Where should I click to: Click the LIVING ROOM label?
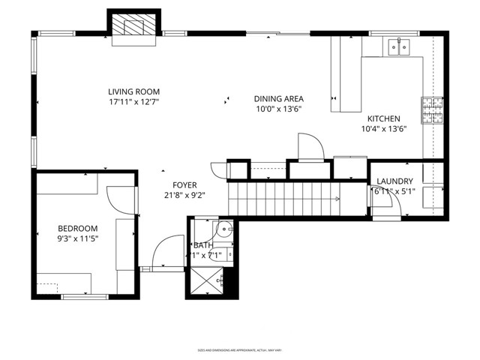click(x=133, y=91)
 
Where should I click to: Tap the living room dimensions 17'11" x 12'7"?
click(x=133, y=101)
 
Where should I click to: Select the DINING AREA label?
click(x=278, y=98)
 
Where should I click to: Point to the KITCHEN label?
click(x=383, y=118)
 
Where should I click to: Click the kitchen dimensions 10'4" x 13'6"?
click(x=383, y=128)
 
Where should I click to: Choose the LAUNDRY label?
click(x=394, y=181)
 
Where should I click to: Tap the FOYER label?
click(x=184, y=184)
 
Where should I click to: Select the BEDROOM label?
click(x=78, y=229)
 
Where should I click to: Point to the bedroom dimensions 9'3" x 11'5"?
click(x=78, y=238)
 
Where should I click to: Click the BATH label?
click(x=203, y=245)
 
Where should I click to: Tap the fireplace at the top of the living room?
click(x=135, y=28)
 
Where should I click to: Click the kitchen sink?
click(x=398, y=48)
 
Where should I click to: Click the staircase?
click(x=285, y=199)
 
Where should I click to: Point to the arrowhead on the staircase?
click(x=338, y=199)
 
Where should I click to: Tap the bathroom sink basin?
click(x=223, y=229)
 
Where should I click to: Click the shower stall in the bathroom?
click(x=205, y=281)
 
